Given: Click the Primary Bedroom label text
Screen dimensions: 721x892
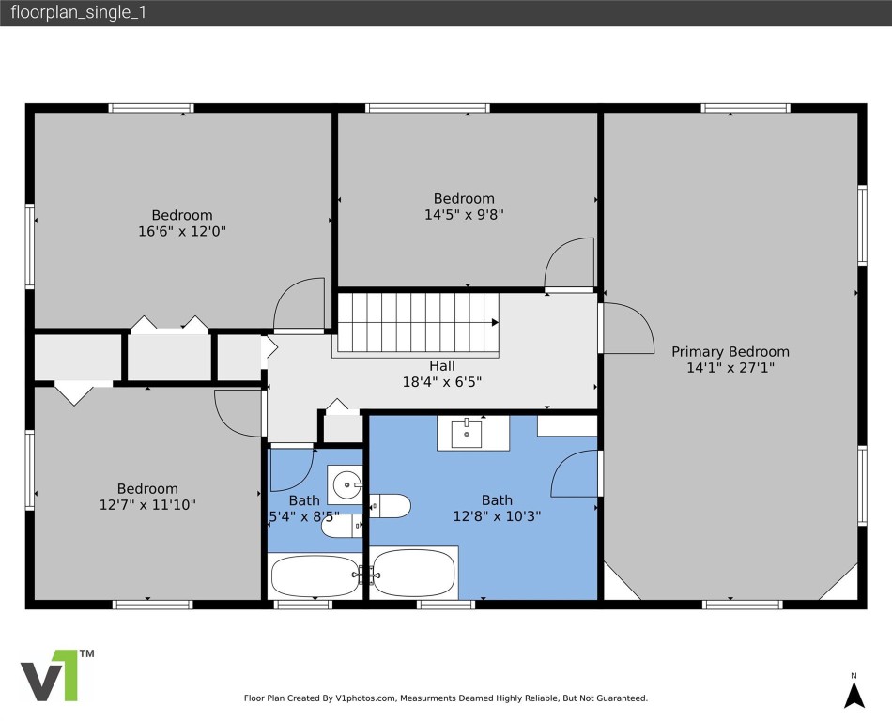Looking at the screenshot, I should coord(730,352).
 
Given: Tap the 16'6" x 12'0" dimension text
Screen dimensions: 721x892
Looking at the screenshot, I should coord(182,230).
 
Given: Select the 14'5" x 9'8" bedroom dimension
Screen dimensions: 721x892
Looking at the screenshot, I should coord(464,214).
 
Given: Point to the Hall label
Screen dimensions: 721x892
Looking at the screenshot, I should coord(442,366).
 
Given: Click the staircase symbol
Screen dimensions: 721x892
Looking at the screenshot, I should coord(417,322).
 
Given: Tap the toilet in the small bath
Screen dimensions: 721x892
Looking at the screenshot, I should coord(341,526).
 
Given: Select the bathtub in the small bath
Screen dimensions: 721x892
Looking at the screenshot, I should coord(313,574).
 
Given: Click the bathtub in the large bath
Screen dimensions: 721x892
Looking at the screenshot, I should coord(414,572).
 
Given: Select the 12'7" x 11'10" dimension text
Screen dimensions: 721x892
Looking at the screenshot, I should coord(147,505).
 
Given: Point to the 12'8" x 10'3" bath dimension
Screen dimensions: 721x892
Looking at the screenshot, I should coord(498,515).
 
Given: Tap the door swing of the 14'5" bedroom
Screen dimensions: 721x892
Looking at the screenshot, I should coord(570,263).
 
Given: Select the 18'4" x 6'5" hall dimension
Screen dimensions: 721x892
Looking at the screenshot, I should coord(442,382).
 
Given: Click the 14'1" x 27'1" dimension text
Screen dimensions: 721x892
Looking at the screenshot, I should coord(730,368).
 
